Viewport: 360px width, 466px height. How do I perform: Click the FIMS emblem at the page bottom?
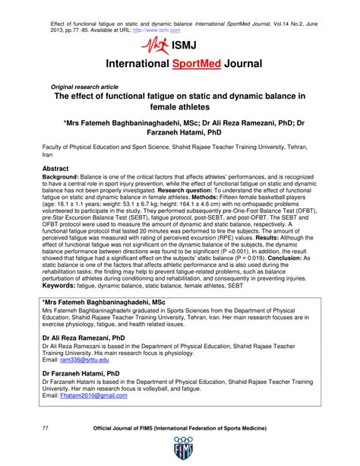180,449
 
